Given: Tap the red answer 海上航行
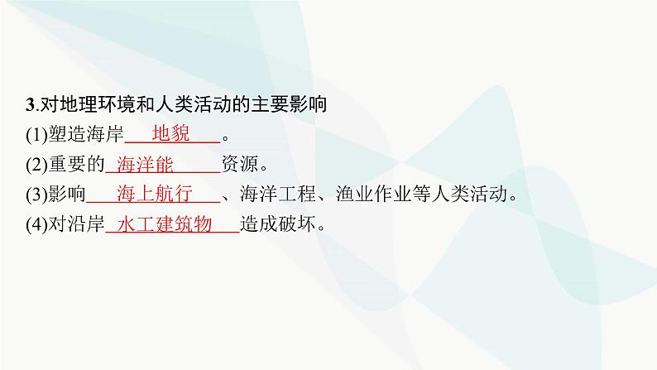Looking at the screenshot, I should (155, 195).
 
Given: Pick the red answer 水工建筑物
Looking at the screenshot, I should (165, 224).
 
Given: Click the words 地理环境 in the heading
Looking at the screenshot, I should (91, 105).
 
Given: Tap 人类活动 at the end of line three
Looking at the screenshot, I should (472, 195).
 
